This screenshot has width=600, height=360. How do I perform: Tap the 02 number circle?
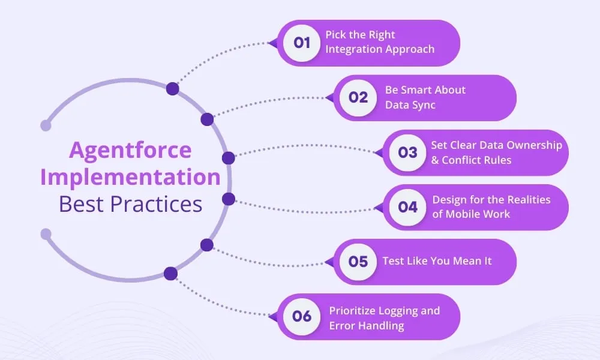click(x=358, y=97)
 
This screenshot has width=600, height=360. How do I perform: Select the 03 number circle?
click(x=407, y=152)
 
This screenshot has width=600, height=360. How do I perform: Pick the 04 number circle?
click(x=407, y=207)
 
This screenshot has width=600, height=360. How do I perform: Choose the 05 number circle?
click(x=358, y=262)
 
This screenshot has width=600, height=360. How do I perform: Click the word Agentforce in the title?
click(x=130, y=150)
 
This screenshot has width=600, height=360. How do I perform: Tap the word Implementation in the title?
click(x=130, y=178)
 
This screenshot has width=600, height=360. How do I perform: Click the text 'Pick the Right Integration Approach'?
click(x=379, y=42)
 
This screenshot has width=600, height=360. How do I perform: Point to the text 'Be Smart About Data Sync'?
click(x=425, y=97)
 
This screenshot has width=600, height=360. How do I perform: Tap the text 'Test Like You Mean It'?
click(x=437, y=262)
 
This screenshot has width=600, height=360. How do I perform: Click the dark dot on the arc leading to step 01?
click(x=173, y=89)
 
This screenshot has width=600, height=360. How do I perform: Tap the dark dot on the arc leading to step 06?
click(x=171, y=274)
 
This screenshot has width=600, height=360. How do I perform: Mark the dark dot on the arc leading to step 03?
click(x=228, y=158)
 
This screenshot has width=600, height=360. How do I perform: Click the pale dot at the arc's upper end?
click(x=46, y=125)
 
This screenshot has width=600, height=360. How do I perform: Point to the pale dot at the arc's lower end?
click(x=46, y=234)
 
